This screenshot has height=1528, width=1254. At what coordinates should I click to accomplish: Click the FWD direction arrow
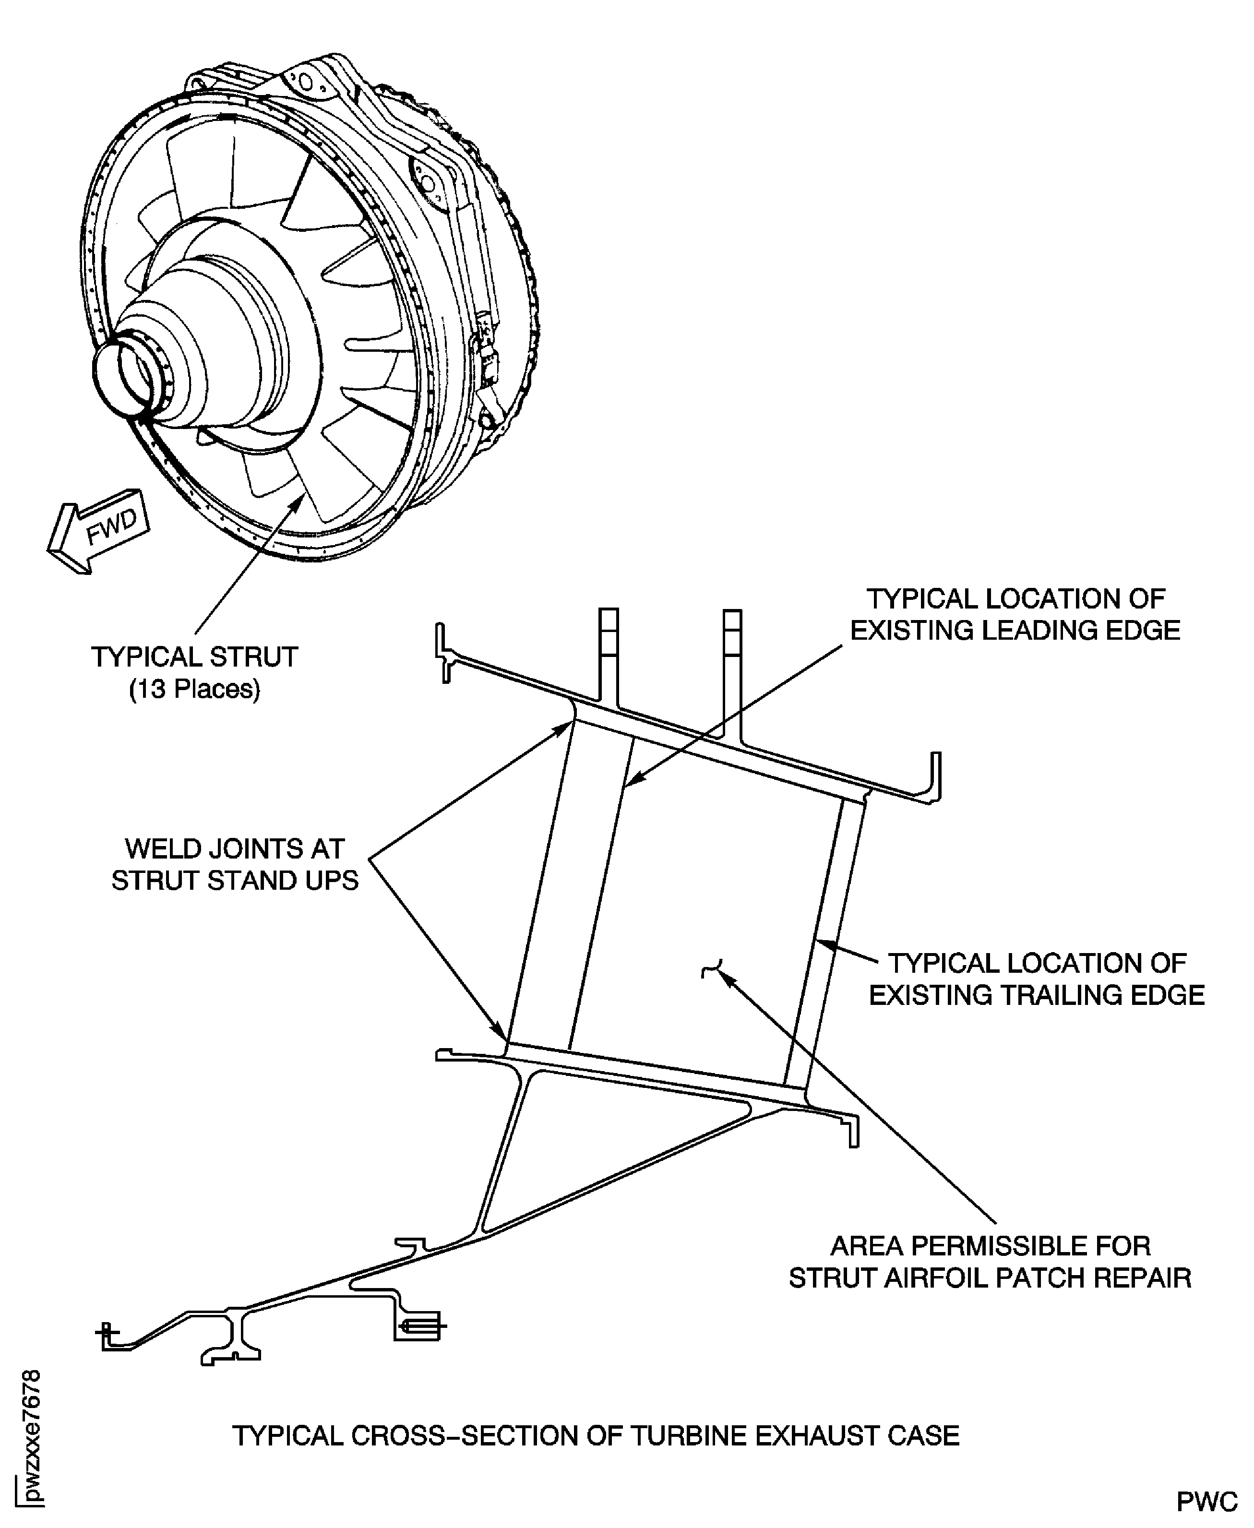coord(97,533)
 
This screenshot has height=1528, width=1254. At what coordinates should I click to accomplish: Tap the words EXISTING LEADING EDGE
coord(1015,631)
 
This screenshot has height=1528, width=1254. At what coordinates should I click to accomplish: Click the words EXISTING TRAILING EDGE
coord(1037,995)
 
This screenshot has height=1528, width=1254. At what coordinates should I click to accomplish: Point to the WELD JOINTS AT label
coord(235,848)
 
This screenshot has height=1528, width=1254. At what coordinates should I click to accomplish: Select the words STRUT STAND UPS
coord(235,880)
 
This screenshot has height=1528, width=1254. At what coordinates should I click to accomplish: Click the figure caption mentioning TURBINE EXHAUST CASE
coord(596,1435)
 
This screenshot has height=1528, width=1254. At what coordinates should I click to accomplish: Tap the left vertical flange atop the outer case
coord(608,654)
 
